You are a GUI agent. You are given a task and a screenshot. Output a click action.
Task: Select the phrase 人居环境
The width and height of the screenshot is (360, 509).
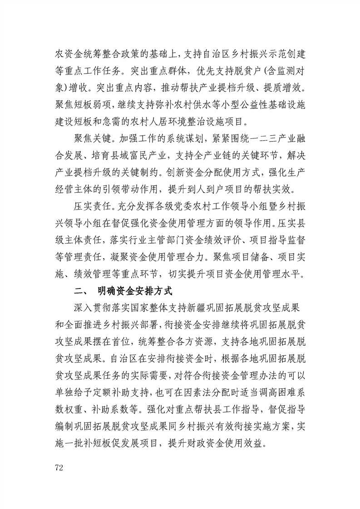point(178,121)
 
